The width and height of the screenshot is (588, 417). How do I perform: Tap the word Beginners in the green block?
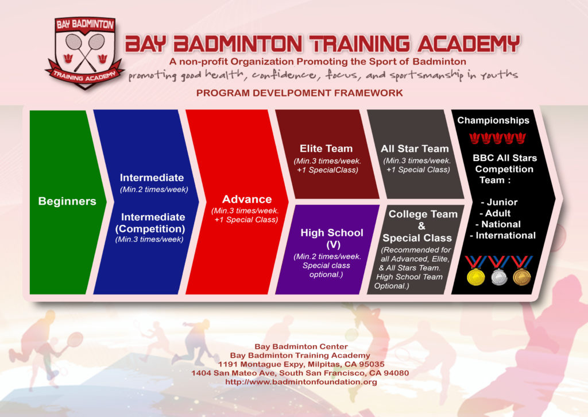click(x=67, y=201)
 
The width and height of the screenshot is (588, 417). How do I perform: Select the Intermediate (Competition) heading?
click(x=152, y=223)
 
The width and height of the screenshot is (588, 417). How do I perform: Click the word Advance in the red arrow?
click(x=247, y=200)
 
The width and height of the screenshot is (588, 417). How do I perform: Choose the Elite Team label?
click(x=326, y=148)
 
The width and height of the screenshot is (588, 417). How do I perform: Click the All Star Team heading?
click(x=415, y=148)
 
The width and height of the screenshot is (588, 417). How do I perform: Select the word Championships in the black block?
click(x=493, y=121)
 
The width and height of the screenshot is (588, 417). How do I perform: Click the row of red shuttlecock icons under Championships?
click(x=497, y=138)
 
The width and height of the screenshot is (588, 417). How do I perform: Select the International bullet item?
click(x=502, y=235)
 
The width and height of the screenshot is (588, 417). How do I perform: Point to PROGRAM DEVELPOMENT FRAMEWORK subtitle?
click(x=299, y=93)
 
